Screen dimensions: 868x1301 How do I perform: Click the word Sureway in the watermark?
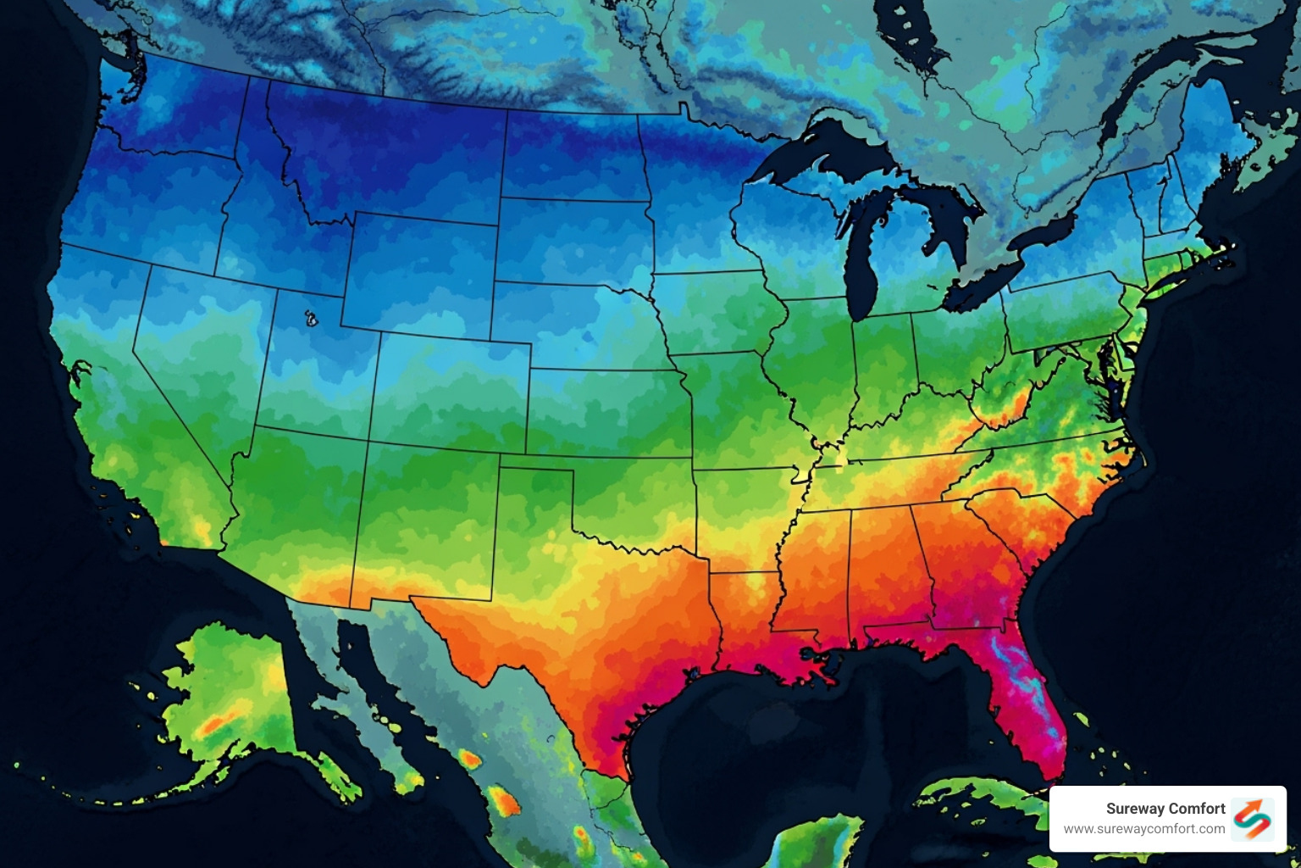click(x=1135, y=809)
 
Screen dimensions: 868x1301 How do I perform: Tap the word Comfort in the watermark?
click(x=1196, y=809)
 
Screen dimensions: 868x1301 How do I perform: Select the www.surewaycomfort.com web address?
click(x=1144, y=829)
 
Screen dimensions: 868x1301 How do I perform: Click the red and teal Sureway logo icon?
click(x=1253, y=819)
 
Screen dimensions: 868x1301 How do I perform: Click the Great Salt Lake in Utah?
click(x=311, y=319)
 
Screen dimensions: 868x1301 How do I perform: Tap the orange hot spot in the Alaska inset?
click(x=212, y=726)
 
